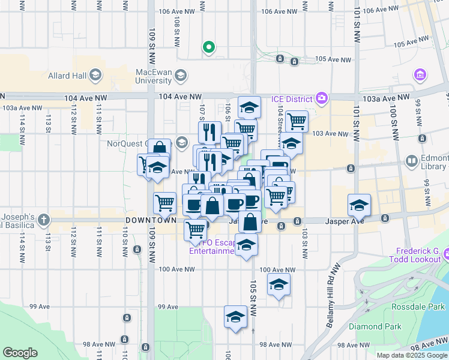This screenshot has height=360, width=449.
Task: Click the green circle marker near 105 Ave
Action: click(x=209, y=47)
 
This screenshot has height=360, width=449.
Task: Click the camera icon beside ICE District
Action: click(x=322, y=98)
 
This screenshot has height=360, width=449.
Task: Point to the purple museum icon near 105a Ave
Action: click(x=420, y=75)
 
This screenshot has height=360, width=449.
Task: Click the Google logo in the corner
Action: click(x=20, y=352)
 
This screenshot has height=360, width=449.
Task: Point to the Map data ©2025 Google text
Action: click(x=411, y=355)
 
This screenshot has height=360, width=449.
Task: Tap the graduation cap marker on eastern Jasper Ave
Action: click(x=358, y=205)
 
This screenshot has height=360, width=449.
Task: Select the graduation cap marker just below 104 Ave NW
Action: click(x=249, y=108)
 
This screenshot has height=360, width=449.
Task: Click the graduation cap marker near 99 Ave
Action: click(x=235, y=317)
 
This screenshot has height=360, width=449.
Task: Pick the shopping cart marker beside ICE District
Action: click(x=297, y=121)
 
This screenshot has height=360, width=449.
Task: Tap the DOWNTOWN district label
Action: click(x=151, y=221)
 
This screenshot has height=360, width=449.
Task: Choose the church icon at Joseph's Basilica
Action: click(x=43, y=220)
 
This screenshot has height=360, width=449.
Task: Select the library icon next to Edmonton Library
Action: click(x=412, y=161)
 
